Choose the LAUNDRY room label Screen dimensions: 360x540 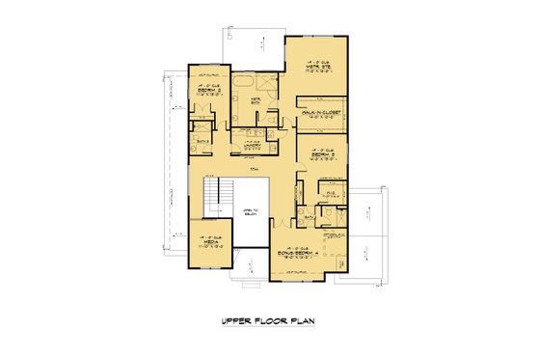point(254,145)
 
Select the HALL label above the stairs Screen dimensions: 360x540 point(255,169)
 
